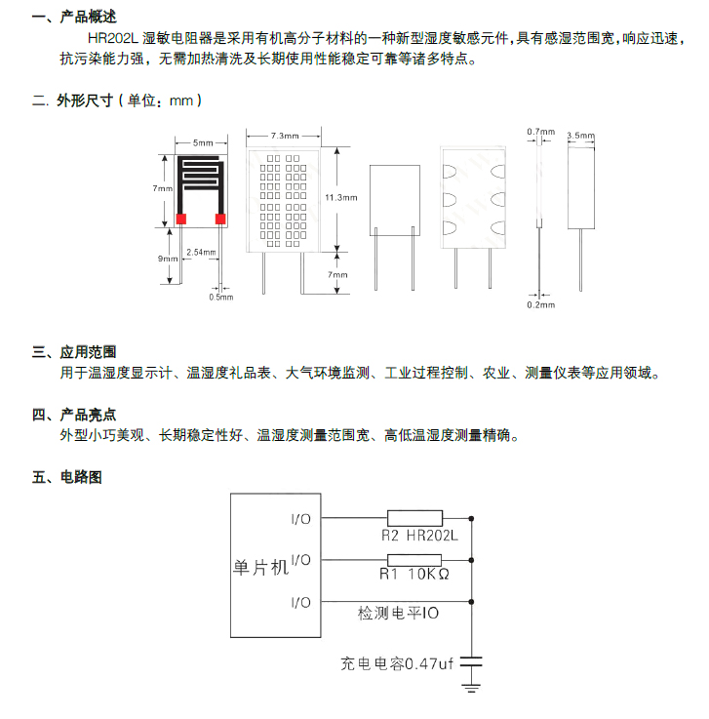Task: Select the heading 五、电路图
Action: [67, 477]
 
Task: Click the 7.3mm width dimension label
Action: [284, 135]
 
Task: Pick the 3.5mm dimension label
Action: [580, 136]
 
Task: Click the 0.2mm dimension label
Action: [540, 304]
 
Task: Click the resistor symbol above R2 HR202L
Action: [414, 518]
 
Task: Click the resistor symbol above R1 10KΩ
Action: [414, 560]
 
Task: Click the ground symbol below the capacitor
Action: [471, 690]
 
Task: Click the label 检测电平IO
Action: [398, 614]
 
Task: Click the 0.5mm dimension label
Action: [221, 298]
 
